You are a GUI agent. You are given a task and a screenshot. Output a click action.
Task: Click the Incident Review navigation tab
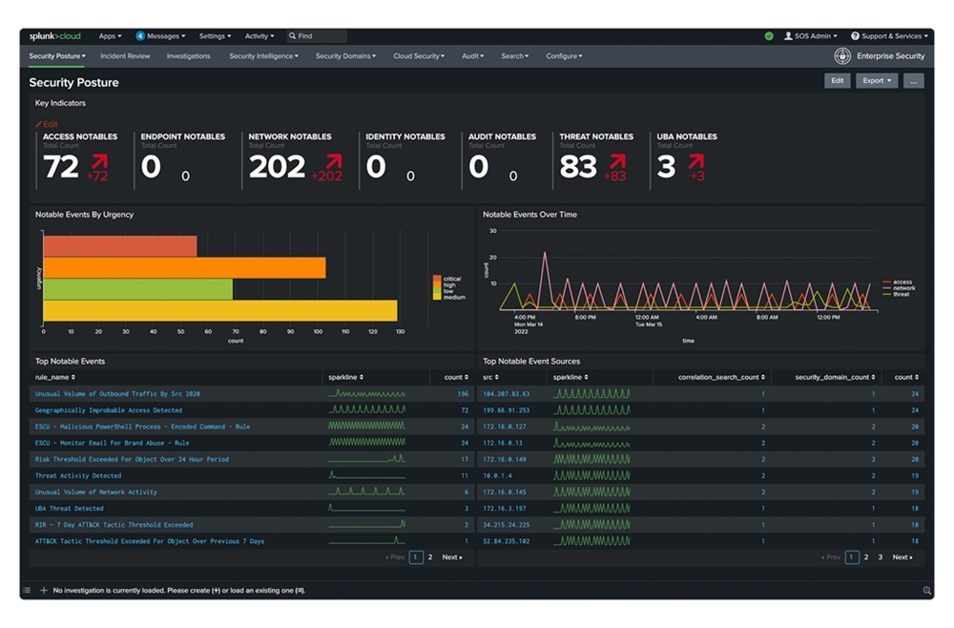click(x=125, y=56)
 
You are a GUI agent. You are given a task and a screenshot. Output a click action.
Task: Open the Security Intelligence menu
click(x=263, y=56)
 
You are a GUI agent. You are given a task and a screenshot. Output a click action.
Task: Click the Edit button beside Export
click(x=837, y=81)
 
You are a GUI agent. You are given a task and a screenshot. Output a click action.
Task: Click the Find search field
click(x=318, y=36)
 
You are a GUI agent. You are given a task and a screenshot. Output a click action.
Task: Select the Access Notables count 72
click(x=61, y=167)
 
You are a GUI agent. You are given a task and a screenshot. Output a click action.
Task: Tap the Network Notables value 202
click(x=276, y=167)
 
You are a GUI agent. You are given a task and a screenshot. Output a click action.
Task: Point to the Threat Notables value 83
click(x=578, y=167)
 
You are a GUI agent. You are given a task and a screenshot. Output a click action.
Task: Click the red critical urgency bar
click(x=119, y=246)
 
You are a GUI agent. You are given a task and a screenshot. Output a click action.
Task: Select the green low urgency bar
click(x=137, y=288)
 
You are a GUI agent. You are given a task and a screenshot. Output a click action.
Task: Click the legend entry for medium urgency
click(x=452, y=298)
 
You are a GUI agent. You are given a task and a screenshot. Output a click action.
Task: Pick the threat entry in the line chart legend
click(x=901, y=294)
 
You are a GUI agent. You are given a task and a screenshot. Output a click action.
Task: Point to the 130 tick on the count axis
click(x=400, y=332)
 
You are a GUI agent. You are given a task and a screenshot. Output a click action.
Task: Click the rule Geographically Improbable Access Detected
click(x=109, y=410)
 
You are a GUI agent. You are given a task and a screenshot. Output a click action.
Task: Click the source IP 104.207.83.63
click(x=507, y=393)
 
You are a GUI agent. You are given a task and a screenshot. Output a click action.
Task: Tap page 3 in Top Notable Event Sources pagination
click(x=881, y=557)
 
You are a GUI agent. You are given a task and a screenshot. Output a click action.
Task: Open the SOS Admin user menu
click(x=811, y=36)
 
